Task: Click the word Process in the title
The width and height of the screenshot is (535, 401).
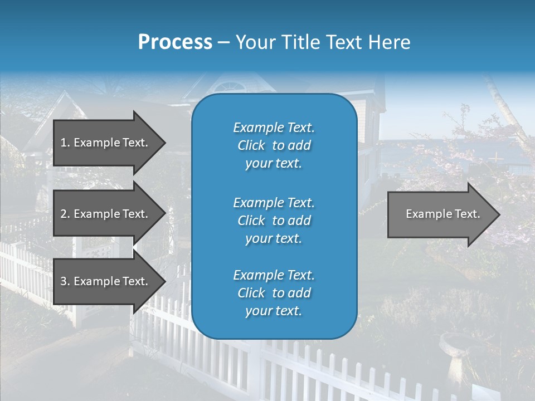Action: click(175, 42)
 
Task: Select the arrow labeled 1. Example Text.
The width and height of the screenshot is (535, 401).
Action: click(106, 143)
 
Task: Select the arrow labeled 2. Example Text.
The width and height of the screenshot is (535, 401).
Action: click(106, 214)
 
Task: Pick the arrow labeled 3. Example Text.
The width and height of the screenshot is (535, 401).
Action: click(106, 281)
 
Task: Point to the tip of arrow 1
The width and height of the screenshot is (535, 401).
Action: click(164, 143)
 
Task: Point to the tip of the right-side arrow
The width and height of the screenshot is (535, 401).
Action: click(499, 214)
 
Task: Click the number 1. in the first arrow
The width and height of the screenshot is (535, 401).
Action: click(65, 143)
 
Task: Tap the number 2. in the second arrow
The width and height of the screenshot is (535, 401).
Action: click(65, 214)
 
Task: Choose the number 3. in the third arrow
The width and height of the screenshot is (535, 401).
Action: click(65, 281)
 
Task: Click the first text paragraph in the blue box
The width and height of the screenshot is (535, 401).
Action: click(274, 145)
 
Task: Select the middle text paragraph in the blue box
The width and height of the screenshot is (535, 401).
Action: click(274, 220)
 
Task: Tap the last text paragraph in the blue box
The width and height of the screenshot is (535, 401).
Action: click(274, 293)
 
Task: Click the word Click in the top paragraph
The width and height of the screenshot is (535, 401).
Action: click(251, 146)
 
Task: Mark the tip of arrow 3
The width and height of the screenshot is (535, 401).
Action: click(164, 281)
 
